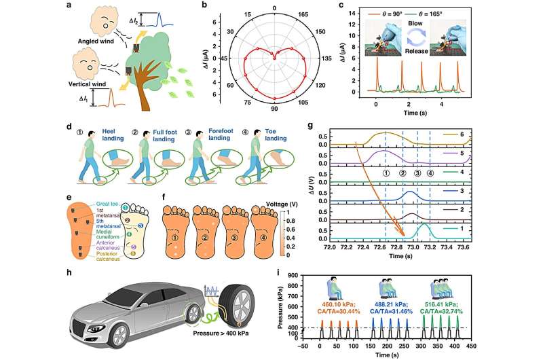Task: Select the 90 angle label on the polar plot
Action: (274, 109)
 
